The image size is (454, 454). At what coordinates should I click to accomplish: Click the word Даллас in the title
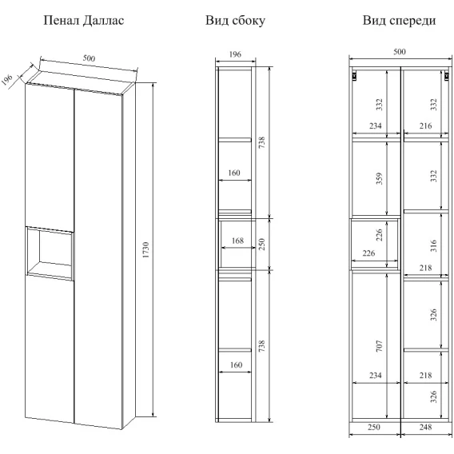tap(103, 21)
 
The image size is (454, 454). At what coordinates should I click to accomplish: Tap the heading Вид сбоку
tap(235, 21)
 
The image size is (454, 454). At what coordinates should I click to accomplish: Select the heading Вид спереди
tap(399, 21)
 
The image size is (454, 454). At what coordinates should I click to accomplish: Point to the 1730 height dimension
tap(145, 249)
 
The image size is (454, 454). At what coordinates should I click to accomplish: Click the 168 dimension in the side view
tap(237, 241)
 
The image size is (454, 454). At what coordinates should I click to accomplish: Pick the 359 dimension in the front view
tap(379, 179)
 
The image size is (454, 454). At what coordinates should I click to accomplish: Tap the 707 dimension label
tap(379, 346)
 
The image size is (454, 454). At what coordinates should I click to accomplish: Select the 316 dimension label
tap(433, 246)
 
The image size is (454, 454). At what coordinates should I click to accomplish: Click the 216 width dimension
tap(425, 126)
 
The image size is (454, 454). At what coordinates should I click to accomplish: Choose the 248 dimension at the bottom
tap(425, 427)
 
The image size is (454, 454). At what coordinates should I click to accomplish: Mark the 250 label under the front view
tap(373, 427)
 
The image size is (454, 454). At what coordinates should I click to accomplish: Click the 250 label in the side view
tap(261, 244)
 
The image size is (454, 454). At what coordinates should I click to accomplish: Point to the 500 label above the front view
tap(400, 51)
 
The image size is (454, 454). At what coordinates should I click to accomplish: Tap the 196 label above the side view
tap(235, 54)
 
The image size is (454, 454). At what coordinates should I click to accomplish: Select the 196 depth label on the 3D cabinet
tap(7, 80)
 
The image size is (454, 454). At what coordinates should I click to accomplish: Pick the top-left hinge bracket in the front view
tap(354, 76)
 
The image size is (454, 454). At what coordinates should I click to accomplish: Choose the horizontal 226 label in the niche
tap(368, 253)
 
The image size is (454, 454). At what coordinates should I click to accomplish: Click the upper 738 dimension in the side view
tap(261, 143)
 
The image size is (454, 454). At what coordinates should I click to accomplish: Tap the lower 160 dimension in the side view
tap(236, 364)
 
